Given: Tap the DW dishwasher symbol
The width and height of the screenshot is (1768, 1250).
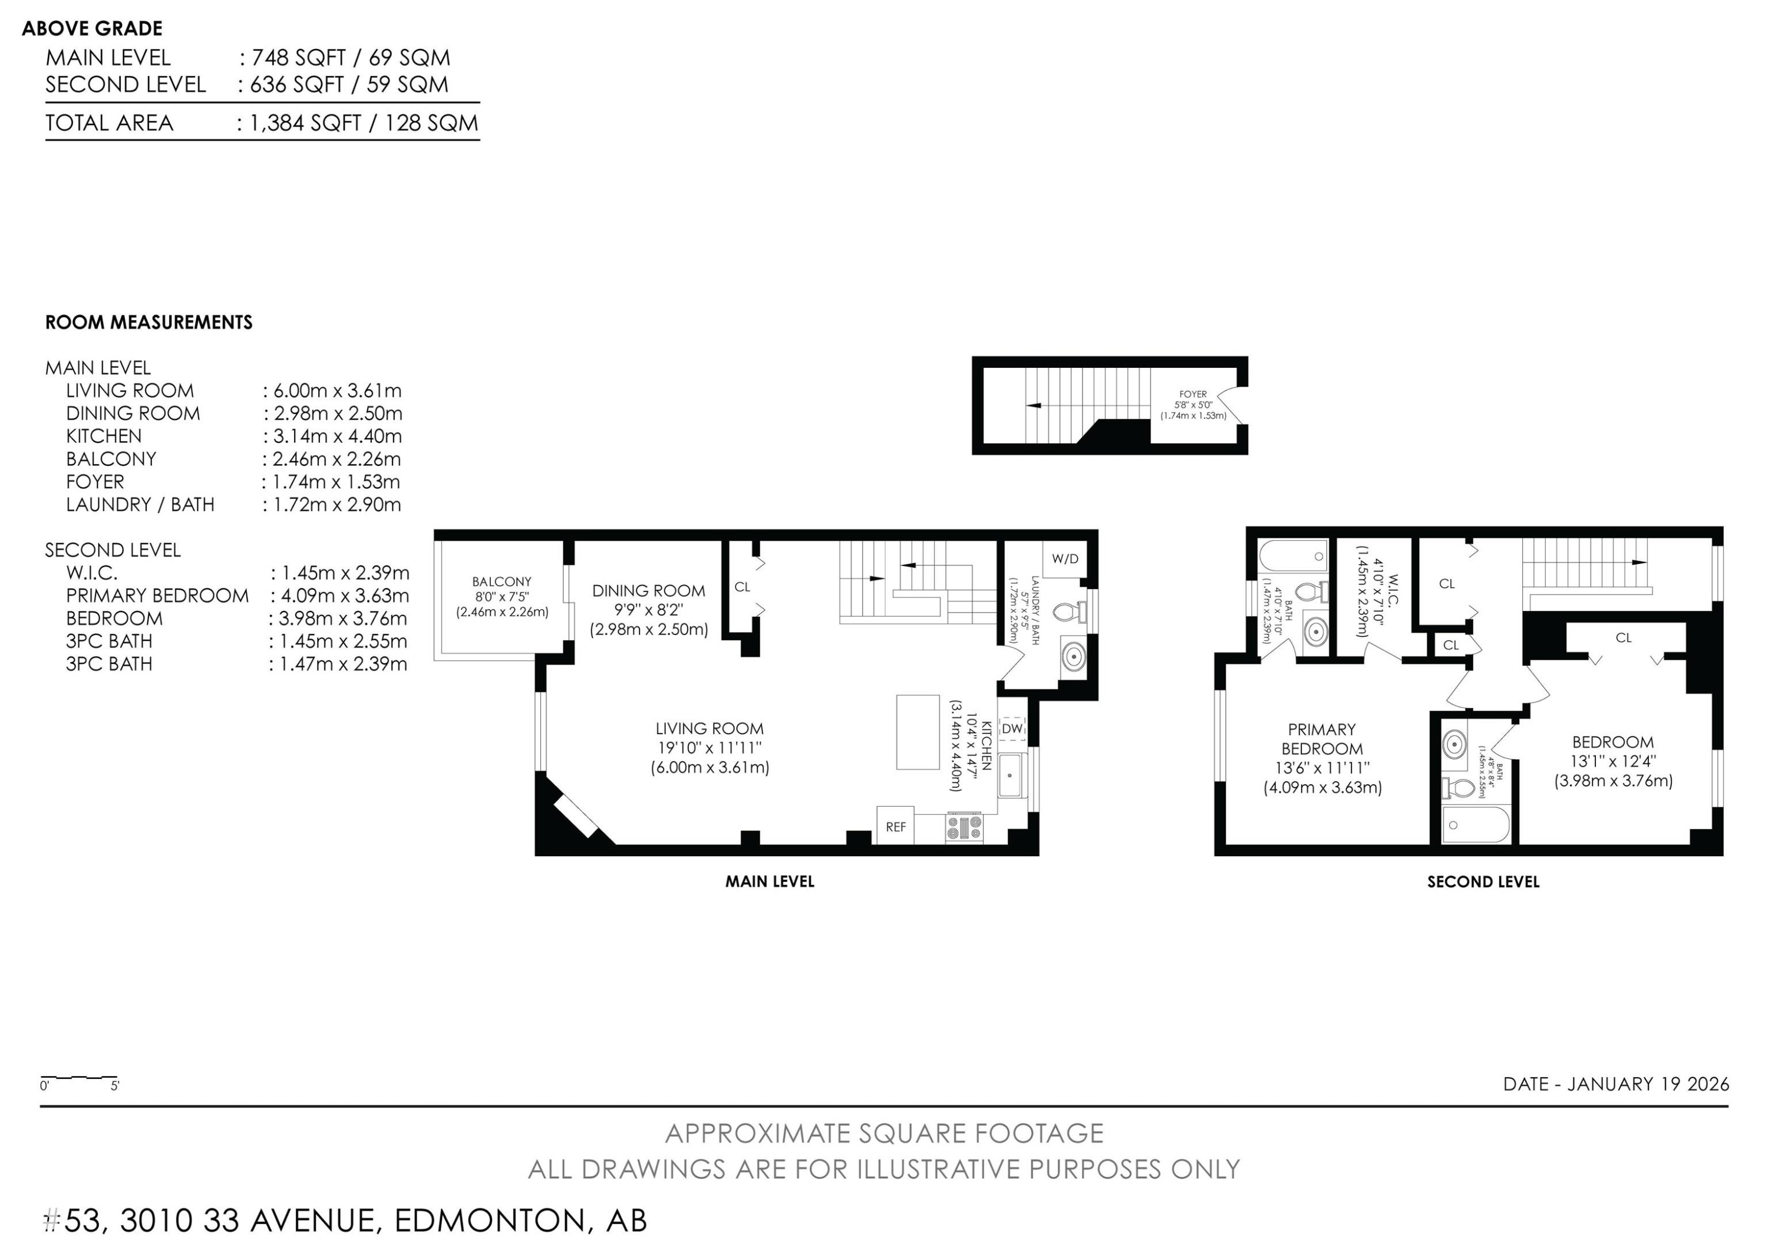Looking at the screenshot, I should [1012, 728].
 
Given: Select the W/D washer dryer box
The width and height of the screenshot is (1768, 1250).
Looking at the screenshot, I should [1065, 559].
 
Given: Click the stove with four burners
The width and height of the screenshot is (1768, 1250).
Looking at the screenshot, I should [964, 828].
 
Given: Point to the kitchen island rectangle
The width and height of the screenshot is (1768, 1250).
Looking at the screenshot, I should [917, 732].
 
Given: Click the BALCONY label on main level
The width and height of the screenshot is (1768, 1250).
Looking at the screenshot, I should [502, 581].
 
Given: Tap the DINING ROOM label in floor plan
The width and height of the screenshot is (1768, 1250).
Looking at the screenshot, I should [648, 591].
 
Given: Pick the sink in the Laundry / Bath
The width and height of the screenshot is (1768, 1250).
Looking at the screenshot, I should [1073, 657].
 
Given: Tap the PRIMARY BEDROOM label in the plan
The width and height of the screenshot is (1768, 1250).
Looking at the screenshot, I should [1321, 739].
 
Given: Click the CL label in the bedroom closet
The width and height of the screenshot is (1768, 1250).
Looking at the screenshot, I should [1623, 638].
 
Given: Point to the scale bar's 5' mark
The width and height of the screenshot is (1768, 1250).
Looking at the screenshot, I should [115, 1087].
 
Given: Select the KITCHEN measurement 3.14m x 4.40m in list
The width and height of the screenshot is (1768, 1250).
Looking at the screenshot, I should [337, 436].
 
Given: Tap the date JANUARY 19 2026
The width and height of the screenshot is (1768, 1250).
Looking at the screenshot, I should [1648, 1084].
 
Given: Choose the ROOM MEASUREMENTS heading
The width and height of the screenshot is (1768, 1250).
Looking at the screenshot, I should [149, 322].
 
